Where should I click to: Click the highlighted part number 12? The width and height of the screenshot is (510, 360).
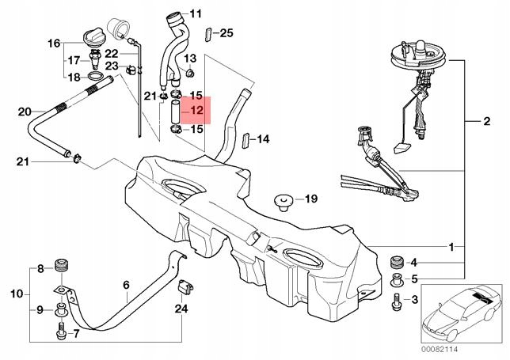pyautogui.click(x=196, y=111)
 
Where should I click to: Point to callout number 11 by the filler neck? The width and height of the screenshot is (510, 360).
pyautogui.click(x=196, y=14)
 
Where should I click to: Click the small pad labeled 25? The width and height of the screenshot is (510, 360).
pyautogui.click(x=208, y=34)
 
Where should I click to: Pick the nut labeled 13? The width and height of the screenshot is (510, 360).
pyautogui.click(x=189, y=73)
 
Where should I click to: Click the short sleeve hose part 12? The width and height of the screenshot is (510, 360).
pyautogui.click(x=175, y=112)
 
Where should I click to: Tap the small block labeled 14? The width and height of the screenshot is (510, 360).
pyautogui.click(x=246, y=140)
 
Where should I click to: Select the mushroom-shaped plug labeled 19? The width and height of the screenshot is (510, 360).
pyautogui.click(x=284, y=202)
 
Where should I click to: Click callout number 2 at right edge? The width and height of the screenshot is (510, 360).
pyautogui.click(x=486, y=122)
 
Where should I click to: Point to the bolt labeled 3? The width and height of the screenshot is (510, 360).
pyautogui.click(x=397, y=301)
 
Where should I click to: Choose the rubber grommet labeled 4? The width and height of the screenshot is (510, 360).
pyautogui.click(x=397, y=262)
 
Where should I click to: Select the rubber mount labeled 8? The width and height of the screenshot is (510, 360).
pyautogui.click(x=61, y=266)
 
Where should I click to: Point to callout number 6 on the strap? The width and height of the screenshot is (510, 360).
pyautogui.click(x=127, y=285)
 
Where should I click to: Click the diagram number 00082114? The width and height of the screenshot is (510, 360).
pyautogui.click(x=440, y=349)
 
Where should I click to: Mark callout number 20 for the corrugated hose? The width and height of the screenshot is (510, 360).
pyautogui.click(x=25, y=112)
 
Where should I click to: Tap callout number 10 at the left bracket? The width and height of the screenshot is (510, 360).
pyautogui.click(x=17, y=294)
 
